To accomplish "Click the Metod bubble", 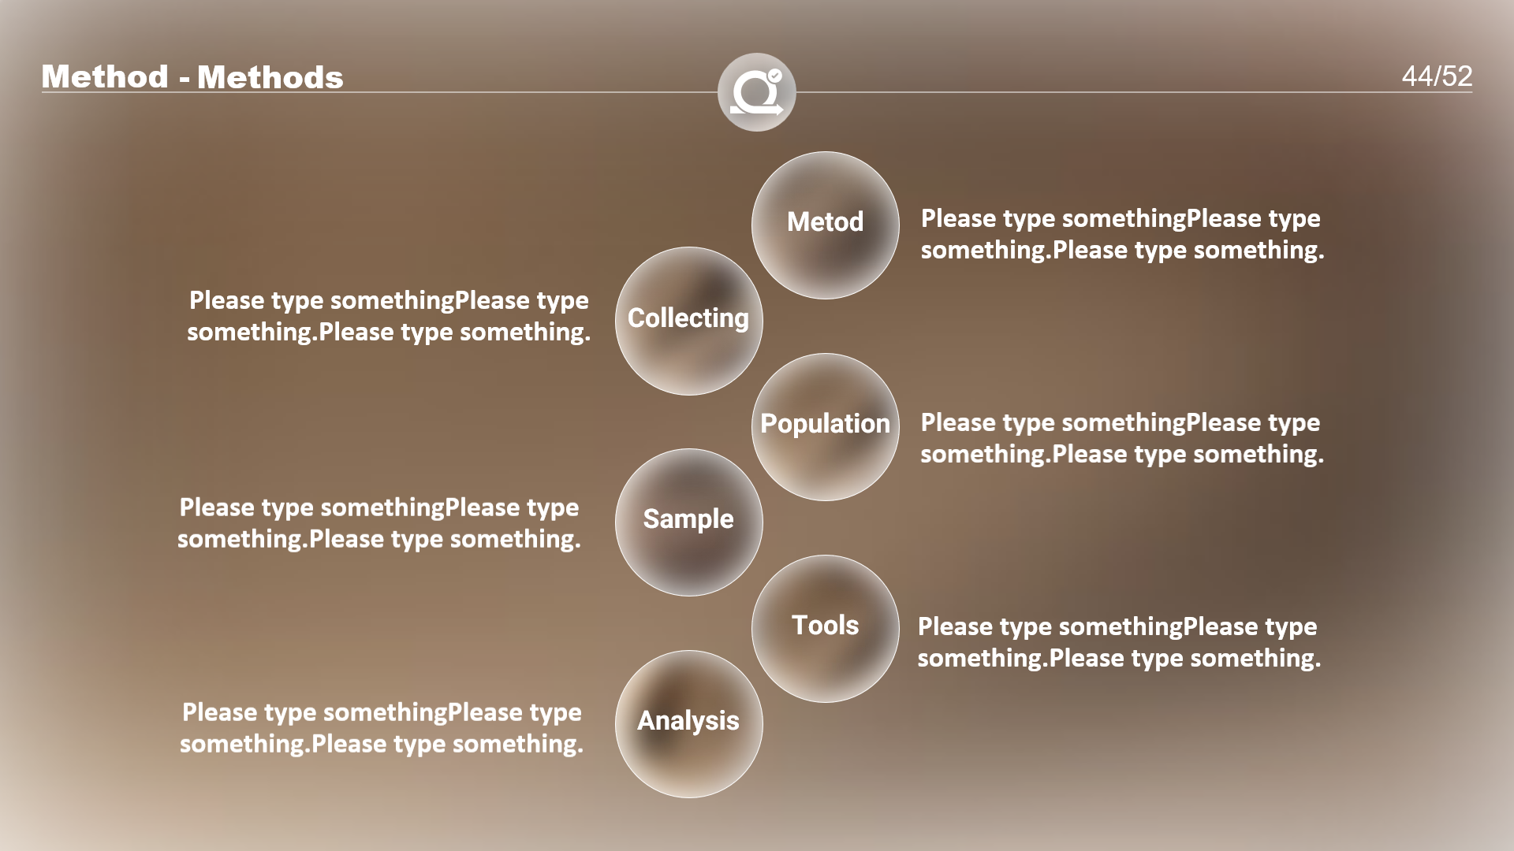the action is pos(825,225).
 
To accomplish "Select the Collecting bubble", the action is pos(688,321).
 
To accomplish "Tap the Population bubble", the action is pos(825,427).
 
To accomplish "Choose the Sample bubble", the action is pos(688,522).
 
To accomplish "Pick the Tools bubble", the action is pos(825,629).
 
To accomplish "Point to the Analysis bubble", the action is pos(688,724).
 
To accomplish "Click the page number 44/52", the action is pos(1437,76).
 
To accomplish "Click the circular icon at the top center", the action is pos(756,92).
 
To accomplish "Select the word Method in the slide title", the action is pos(105,76).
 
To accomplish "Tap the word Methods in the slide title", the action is pos(270,77).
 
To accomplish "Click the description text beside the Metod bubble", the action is pos(1122,234).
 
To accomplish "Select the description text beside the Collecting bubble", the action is pos(389,316).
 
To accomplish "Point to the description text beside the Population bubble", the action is pos(1122,438).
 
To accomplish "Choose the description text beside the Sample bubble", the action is pos(379,523).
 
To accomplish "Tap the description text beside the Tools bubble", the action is pos(1119,642).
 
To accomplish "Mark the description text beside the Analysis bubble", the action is pos(382,728).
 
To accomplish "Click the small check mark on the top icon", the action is pos(775,76).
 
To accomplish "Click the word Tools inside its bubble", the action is pos(825,625).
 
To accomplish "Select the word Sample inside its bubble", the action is pos(688,519).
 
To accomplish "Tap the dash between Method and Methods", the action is pos(184,79).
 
